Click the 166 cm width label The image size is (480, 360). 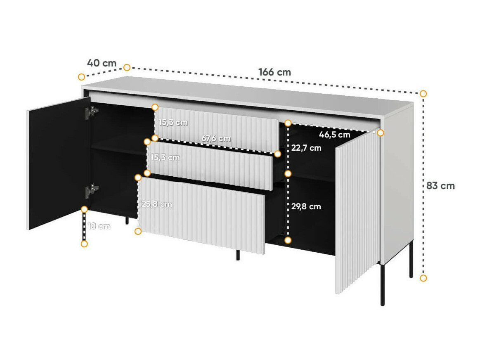[274, 72]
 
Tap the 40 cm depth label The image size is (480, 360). [102, 63]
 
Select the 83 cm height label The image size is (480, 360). [440, 186]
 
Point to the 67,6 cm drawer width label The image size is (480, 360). [216, 139]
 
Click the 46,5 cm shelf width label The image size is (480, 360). [334, 135]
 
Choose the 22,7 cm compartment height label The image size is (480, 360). [306, 148]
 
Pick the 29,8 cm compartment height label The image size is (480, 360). [306, 207]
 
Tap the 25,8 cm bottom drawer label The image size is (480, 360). [156, 204]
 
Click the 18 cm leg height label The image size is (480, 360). [99, 226]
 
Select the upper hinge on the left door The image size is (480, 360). [93, 111]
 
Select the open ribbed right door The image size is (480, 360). [357, 215]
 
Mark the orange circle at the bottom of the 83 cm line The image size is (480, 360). [423, 278]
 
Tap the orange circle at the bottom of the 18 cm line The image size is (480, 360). [84, 244]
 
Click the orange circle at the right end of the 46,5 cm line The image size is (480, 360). [381, 133]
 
